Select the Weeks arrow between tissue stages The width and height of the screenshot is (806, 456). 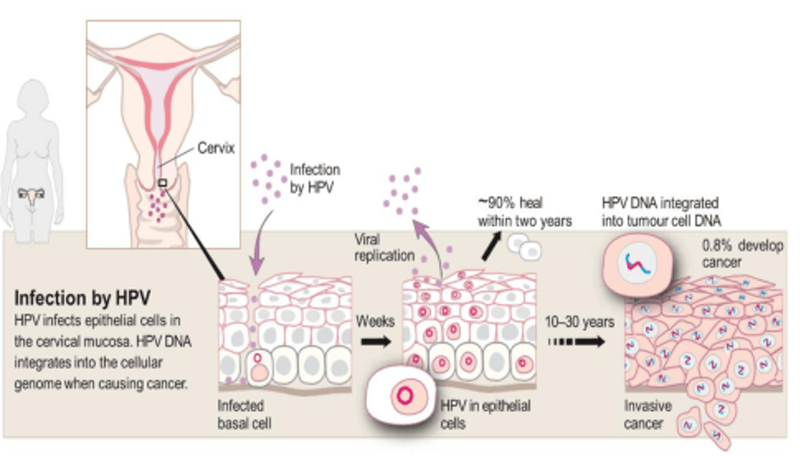[x=373, y=342]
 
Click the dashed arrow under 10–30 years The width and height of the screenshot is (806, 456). [x=578, y=342]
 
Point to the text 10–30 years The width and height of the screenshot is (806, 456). [x=579, y=322]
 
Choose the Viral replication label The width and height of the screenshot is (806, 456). [x=385, y=248]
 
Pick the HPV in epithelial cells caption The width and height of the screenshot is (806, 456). [x=485, y=413]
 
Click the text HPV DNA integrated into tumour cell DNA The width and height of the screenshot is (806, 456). [x=661, y=211]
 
